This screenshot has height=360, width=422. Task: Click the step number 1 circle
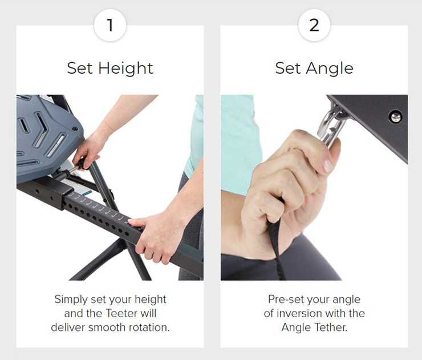(x=110, y=26)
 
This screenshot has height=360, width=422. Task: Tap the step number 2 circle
(x=314, y=26)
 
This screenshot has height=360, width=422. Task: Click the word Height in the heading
(x=125, y=68)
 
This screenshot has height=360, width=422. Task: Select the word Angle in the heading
(x=330, y=68)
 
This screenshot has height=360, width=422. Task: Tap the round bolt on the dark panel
(x=396, y=116)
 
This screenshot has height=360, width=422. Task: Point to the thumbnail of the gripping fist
(x=327, y=165)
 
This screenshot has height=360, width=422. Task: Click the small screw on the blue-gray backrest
(x=76, y=129)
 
